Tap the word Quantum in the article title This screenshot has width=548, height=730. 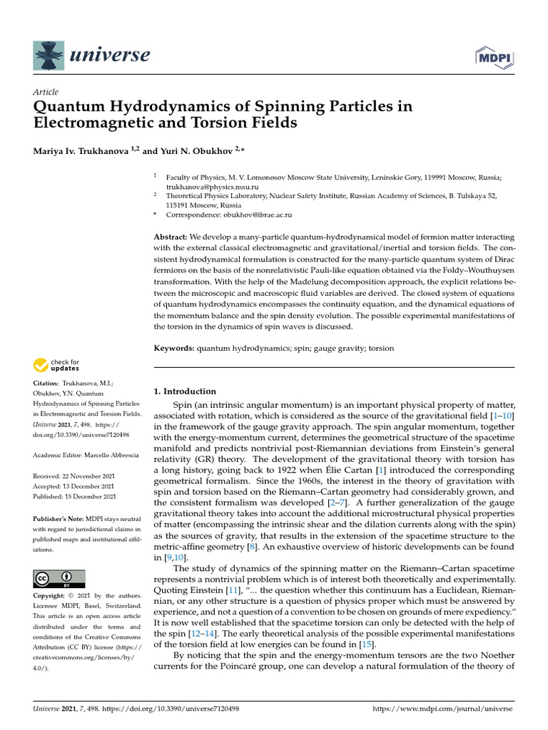pos(67,106)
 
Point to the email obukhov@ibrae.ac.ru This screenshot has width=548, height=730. pos(248,214)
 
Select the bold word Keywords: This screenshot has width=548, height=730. pos(175,348)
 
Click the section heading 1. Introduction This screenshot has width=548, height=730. pos(186,391)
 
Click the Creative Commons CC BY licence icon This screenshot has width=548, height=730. pos(59,578)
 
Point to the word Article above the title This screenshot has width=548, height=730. pos(46,92)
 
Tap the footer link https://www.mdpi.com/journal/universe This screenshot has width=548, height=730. pos(443,709)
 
